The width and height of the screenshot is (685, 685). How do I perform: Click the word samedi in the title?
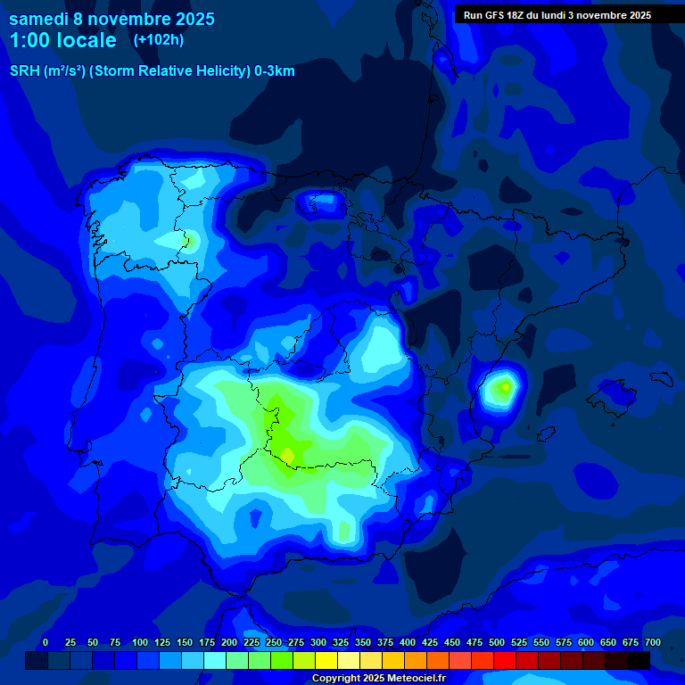tap(38, 19)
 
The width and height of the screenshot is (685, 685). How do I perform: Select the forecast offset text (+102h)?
tap(158, 40)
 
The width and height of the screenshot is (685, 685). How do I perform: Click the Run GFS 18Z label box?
tap(557, 15)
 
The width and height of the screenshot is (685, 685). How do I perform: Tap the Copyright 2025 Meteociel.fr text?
tap(378, 679)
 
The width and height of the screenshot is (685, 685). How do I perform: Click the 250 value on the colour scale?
tap(274, 642)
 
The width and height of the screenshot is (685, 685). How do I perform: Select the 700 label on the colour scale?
tap(653, 642)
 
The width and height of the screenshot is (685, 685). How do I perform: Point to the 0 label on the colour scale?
tap(45, 642)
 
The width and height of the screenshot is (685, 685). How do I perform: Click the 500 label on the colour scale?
tap(475, 642)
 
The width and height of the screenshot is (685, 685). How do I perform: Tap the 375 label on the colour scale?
tap(385, 642)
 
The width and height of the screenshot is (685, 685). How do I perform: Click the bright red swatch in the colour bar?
tap(505, 660)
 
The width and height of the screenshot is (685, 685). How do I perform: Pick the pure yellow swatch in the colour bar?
tap(326, 660)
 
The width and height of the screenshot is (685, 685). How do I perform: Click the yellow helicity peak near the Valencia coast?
tap(506, 387)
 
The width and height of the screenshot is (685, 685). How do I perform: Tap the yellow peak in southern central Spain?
tap(287, 456)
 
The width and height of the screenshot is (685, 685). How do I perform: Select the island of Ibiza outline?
tap(544, 431)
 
